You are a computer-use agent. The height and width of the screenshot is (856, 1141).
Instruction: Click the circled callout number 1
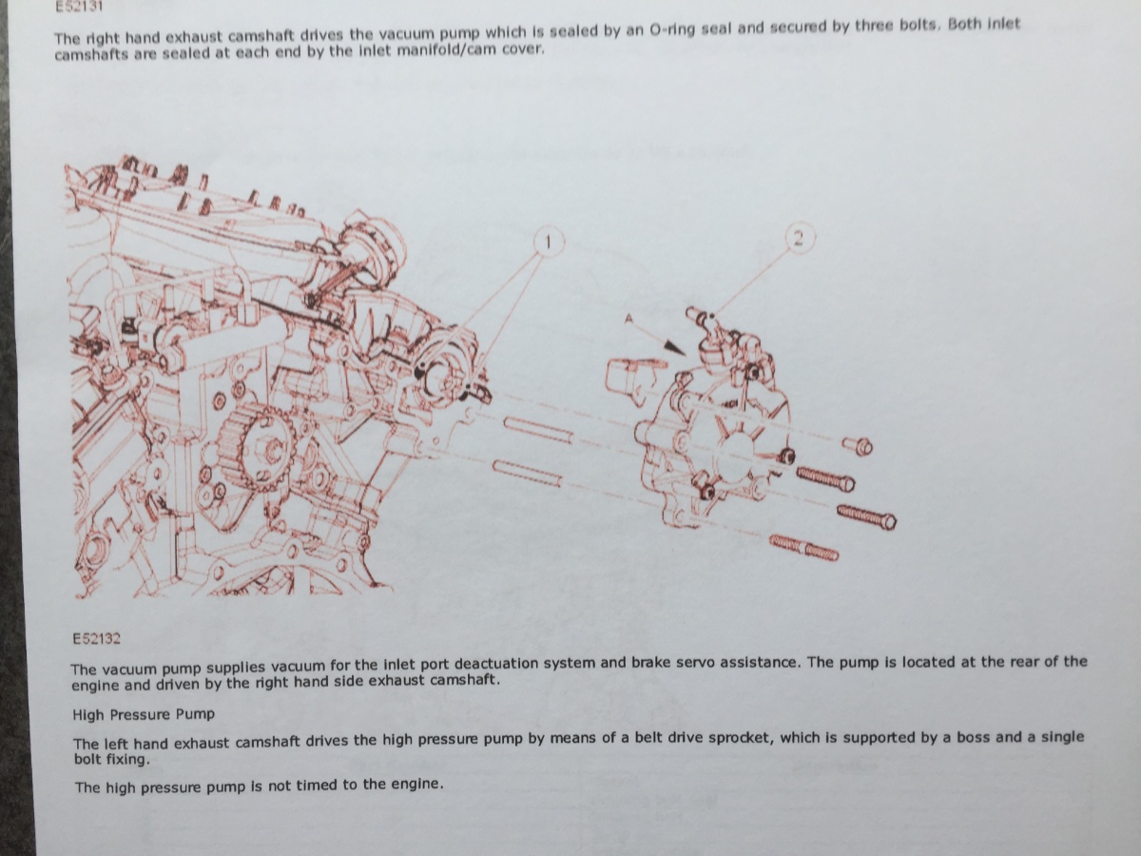coord(548,243)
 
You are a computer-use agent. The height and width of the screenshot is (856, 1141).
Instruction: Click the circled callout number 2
coord(799,238)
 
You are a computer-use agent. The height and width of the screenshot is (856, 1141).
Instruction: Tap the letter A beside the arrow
coord(629,319)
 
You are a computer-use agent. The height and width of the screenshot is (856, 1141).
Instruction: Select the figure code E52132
coord(97,638)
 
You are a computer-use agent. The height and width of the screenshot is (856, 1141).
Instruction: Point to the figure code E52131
coord(79,6)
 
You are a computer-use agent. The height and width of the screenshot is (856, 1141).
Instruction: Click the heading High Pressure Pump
coord(144,714)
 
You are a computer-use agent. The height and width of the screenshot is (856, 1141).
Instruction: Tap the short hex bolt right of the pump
coord(858,446)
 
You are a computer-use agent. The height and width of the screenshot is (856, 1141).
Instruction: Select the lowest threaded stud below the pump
coord(803,549)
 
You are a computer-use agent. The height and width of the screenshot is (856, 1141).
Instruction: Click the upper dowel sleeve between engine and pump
coord(538,430)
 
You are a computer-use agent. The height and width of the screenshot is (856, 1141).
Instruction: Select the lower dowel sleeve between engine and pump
coord(527,473)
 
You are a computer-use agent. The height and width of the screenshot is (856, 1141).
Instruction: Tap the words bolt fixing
coord(111,759)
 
